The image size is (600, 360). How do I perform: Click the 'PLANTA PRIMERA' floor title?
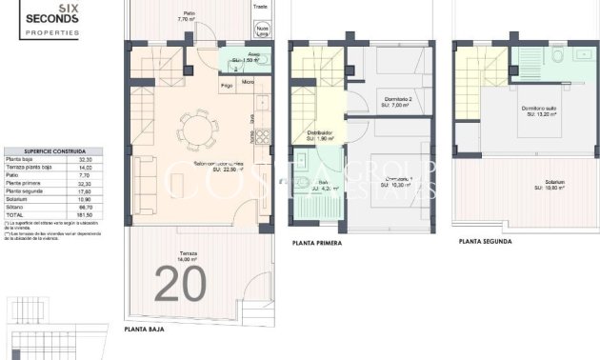click(x=321, y=243)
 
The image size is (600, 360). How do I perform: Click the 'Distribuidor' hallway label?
click(x=319, y=134)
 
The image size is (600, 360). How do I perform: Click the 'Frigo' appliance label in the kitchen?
click(x=227, y=87)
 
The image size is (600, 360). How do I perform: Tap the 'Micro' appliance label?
click(x=247, y=81)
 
